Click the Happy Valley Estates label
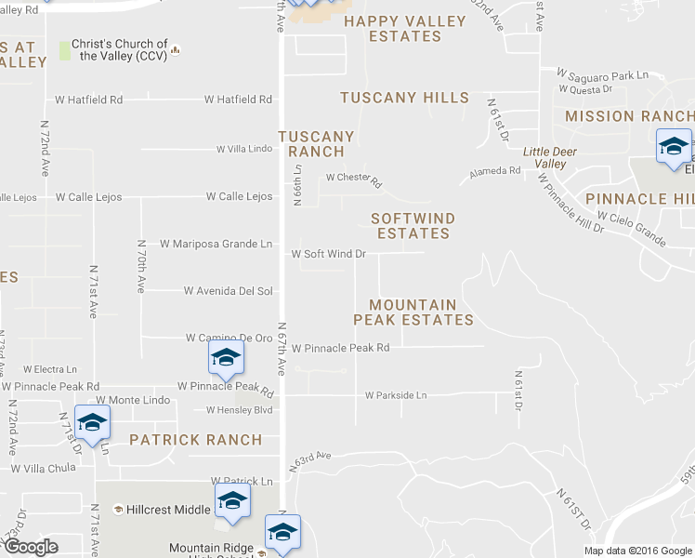(x=404, y=29)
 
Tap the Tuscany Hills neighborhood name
(x=404, y=98)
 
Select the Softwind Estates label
(x=413, y=226)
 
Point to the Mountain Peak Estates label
(x=413, y=312)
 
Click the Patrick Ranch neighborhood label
(x=196, y=439)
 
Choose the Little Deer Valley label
(x=544, y=157)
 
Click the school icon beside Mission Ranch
(x=674, y=147)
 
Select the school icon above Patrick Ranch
(x=92, y=423)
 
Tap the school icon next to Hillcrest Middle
(x=232, y=501)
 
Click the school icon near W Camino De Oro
(x=226, y=358)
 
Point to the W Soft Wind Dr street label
(x=328, y=254)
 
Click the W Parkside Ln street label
(x=396, y=395)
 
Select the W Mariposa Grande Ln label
(x=216, y=244)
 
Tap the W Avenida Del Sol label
(x=228, y=291)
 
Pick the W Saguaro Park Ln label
(x=601, y=74)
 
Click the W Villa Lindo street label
(x=244, y=149)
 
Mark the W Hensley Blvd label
(x=240, y=410)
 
